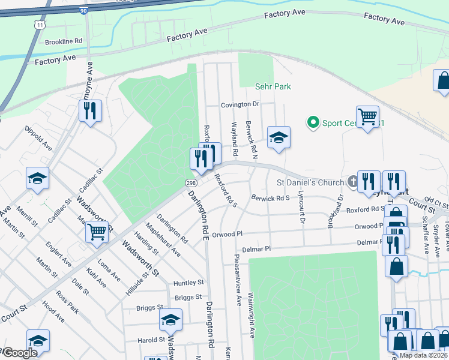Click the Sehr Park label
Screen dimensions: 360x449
point(273,86)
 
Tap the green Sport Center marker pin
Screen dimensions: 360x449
point(313,122)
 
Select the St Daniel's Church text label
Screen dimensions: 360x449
point(309,182)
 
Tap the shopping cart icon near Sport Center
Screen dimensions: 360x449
point(367,115)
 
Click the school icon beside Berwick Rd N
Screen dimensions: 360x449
point(279,137)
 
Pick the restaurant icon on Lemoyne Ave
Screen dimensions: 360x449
point(91,110)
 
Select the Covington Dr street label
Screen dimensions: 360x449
point(240,104)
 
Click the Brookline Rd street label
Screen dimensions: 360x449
point(63,41)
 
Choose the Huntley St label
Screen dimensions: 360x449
point(188,283)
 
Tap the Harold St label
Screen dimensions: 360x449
point(151,340)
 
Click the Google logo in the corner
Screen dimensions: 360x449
point(19,353)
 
